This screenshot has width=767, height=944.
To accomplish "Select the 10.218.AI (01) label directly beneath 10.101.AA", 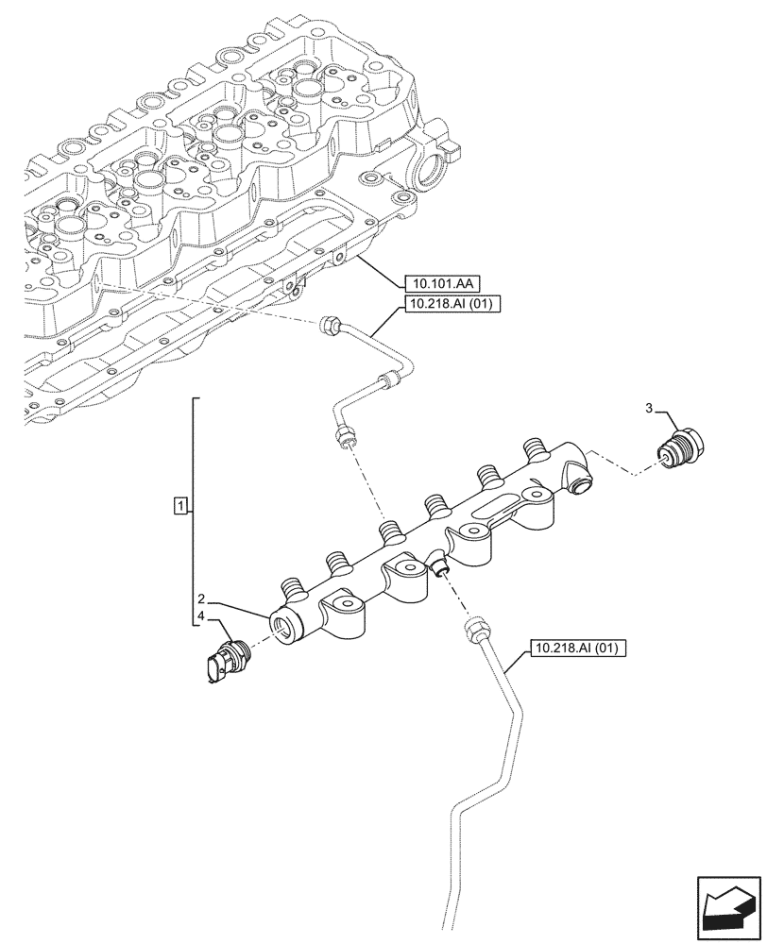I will coord(452,304).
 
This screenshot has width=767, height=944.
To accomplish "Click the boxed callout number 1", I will coord(179,505).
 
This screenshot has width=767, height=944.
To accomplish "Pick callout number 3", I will coord(648,409).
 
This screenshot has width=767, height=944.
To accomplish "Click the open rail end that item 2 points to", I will coord(283,624).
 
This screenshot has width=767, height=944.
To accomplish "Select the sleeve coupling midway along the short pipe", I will coord(387,381).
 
